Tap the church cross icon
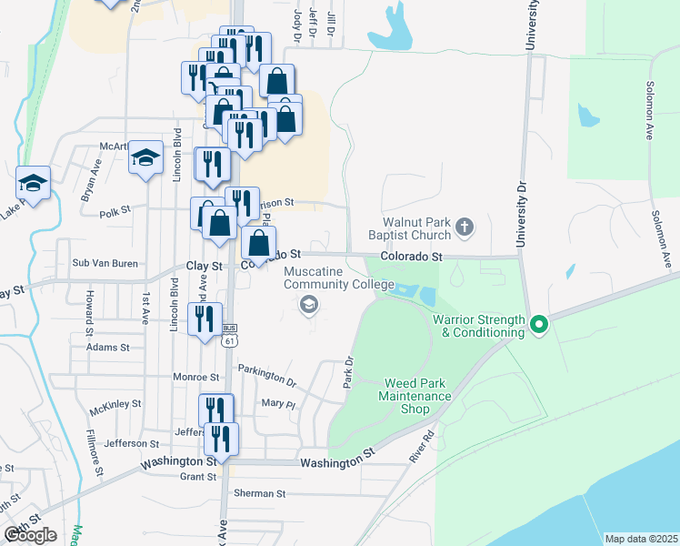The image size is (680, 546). point(465,226)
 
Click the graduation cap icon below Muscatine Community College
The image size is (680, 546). point(309,304)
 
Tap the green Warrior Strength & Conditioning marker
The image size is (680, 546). point(539,323)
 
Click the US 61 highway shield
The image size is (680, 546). point(230,339)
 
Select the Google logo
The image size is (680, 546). point(30,534)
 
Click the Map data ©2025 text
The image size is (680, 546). point(641,539)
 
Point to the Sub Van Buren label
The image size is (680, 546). point(105,263)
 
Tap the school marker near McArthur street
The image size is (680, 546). point(145,158)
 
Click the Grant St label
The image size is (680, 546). point(197,476)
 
